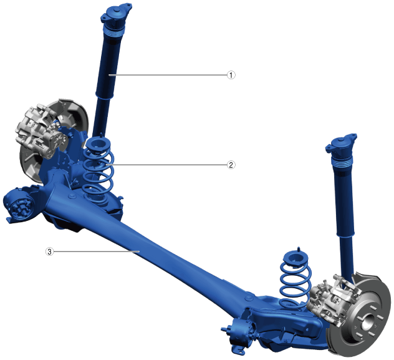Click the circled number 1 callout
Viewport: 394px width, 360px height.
click(x=231, y=75)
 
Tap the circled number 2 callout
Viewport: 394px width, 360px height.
click(x=231, y=165)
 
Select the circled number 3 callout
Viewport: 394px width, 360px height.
click(x=49, y=251)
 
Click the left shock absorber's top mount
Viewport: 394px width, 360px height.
click(x=116, y=14)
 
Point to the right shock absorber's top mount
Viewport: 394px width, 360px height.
click(x=341, y=144)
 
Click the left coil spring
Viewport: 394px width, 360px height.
click(x=98, y=171)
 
